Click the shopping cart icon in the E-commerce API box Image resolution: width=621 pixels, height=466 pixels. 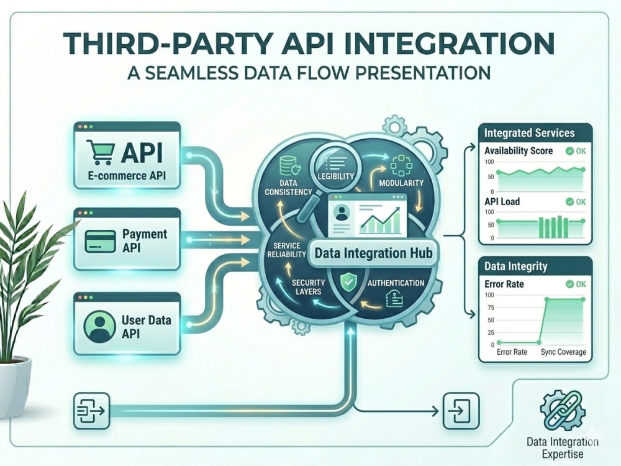click(100, 152)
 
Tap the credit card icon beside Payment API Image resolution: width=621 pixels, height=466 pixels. click(101, 241)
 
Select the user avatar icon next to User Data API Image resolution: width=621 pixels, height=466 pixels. click(100, 327)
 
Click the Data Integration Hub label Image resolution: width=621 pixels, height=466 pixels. click(373, 254)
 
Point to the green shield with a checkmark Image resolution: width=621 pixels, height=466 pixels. click(348, 283)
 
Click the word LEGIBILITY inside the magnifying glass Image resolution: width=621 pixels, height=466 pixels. click(335, 176)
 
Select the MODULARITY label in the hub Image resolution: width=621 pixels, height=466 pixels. click(401, 183)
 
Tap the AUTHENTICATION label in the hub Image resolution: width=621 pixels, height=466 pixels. click(396, 283)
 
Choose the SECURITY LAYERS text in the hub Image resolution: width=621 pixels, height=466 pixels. click(308, 287)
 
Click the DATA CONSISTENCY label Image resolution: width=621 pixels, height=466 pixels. click(288, 188)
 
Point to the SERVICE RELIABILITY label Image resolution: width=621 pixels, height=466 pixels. click(287, 250)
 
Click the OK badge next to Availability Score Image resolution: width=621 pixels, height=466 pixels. click(576, 151)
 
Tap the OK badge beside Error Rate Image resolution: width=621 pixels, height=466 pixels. click(576, 284)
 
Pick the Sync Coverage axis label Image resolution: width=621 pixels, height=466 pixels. click(563, 352)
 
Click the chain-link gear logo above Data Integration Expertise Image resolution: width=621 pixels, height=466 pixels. click(563, 411)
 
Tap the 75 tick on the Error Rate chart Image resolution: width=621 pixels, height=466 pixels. click(491, 308)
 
